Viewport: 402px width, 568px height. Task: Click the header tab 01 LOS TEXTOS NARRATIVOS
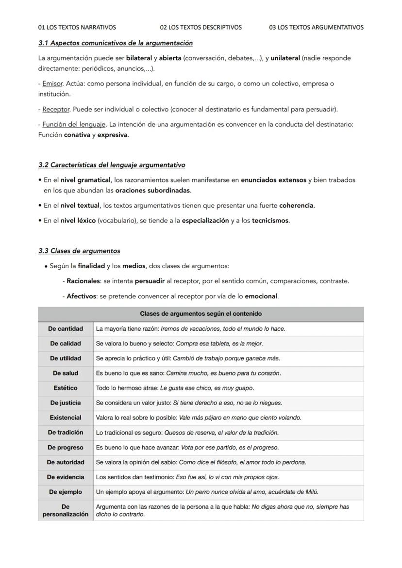77,27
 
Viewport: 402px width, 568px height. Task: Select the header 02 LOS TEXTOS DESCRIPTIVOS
201,27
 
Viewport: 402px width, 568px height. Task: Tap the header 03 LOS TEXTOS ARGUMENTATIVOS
316,27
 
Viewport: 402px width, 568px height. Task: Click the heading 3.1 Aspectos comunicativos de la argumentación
115,43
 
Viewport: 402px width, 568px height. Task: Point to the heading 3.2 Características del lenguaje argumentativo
112,165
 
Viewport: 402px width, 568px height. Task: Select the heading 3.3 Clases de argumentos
79,251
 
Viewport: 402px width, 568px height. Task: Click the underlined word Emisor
52,84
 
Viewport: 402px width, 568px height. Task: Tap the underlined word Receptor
56,109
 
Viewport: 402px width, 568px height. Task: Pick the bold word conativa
77,135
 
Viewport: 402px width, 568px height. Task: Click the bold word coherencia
296,205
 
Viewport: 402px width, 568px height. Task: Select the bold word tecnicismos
270,220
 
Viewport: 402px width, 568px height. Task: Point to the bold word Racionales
83,281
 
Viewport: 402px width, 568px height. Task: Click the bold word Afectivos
81,296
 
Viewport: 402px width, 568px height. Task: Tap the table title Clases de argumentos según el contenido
201,314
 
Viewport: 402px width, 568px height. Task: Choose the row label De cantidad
66,329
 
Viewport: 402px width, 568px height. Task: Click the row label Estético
66,388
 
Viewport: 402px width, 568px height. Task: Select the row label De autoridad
66,462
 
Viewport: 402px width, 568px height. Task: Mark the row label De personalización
66,510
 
